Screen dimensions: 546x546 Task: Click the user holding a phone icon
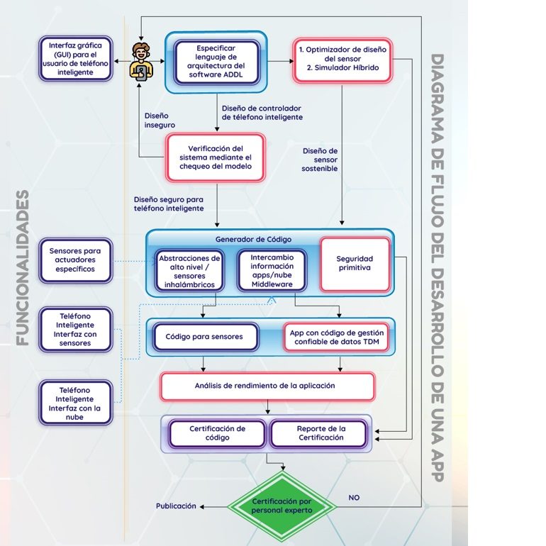141,61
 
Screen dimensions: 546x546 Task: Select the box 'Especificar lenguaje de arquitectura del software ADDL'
216,62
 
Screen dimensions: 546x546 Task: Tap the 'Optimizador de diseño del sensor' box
342,59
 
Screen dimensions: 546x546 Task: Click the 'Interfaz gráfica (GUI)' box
75,59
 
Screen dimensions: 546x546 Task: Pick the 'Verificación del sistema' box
216,157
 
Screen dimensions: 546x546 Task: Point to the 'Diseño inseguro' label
160,119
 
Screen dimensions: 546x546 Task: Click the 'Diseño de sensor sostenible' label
321,160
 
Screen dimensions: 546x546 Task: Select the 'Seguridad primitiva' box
355,264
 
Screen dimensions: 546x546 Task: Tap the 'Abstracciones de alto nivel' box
189,271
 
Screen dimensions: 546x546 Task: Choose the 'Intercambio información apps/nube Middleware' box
271,271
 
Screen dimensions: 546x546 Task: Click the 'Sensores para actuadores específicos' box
75,260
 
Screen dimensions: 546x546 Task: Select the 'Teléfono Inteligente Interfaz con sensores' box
75,329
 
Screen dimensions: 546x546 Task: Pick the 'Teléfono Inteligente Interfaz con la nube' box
75,403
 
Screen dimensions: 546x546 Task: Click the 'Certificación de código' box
217,433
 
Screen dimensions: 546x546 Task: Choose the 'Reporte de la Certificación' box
320,433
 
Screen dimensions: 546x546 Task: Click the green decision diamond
281,505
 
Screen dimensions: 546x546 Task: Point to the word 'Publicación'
175,506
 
